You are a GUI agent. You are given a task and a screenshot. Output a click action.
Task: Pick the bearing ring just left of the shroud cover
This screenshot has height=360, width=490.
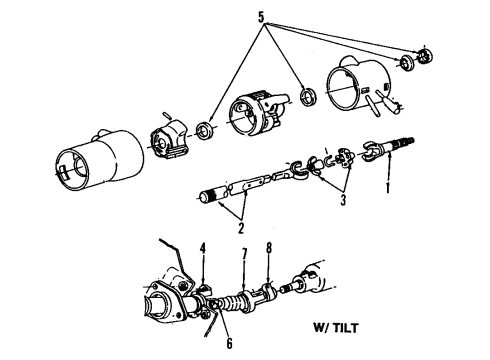click(x=309, y=97)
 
